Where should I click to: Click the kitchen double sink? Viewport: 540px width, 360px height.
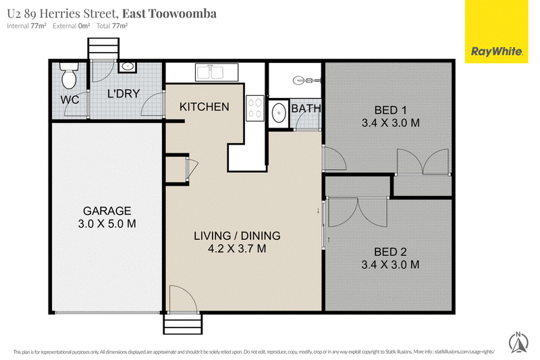point(217,72)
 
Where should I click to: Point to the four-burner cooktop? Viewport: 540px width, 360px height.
point(255,108)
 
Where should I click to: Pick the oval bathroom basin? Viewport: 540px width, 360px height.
point(278,112)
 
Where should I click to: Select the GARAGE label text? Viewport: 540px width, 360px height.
point(107,211)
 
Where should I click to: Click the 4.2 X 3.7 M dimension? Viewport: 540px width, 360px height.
point(237,249)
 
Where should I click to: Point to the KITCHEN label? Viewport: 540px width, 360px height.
point(205,107)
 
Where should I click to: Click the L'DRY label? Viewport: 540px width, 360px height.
point(124,93)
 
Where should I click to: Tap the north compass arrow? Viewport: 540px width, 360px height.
point(518,342)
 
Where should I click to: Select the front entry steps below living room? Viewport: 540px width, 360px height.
point(183,324)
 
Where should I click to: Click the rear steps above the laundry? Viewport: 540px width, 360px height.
point(103,49)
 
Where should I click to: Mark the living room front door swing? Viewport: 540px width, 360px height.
point(183,299)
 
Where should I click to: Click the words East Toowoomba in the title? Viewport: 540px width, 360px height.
point(169,14)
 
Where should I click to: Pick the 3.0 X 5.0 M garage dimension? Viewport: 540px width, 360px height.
point(107,224)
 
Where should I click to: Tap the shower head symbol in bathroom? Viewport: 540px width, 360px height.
point(306,80)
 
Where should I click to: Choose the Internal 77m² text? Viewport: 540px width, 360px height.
point(26,26)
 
